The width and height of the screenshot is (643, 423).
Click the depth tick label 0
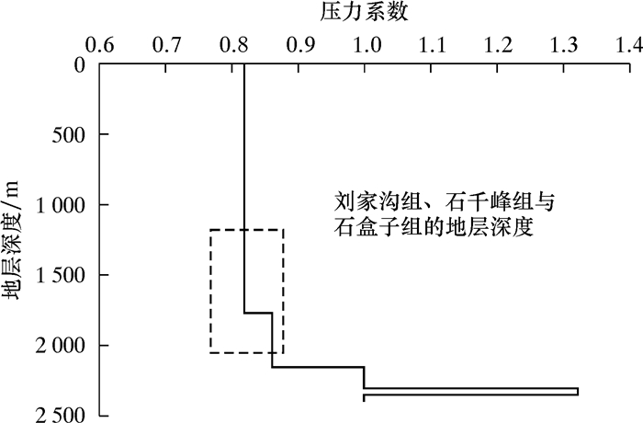click(x=80, y=65)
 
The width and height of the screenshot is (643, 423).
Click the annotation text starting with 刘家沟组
click(x=444, y=213)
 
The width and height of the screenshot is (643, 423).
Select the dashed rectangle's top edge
click(x=246, y=230)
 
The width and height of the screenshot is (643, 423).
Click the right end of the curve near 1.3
click(x=578, y=392)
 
